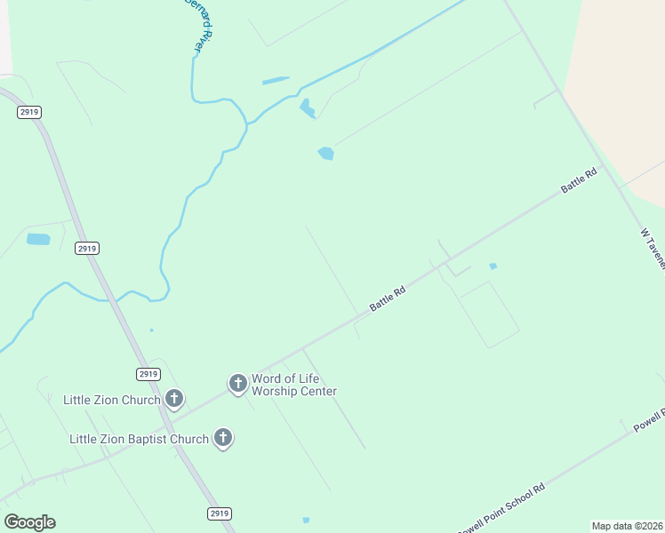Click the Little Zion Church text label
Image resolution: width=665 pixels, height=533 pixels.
tap(111, 400)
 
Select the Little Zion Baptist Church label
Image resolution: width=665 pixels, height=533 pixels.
tap(139, 439)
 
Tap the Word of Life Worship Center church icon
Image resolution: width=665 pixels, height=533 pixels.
tap(237, 383)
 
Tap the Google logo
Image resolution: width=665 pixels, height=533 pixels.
tap(29, 522)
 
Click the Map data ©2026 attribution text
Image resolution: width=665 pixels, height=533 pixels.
tap(628, 526)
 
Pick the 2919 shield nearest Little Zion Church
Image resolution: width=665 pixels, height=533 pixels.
tap(148, 374)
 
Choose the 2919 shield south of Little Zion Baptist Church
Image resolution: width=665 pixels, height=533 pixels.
tap(220, 513)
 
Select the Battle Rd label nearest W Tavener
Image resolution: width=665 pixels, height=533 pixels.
tap(579, 181)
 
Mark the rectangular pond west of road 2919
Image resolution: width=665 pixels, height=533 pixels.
tap(38, 239)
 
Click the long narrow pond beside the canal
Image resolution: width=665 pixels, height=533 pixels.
tap(276, 81)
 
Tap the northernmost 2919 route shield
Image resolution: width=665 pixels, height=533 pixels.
tap(28, 112)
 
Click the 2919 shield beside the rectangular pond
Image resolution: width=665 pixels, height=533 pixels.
tap(86, 248)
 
